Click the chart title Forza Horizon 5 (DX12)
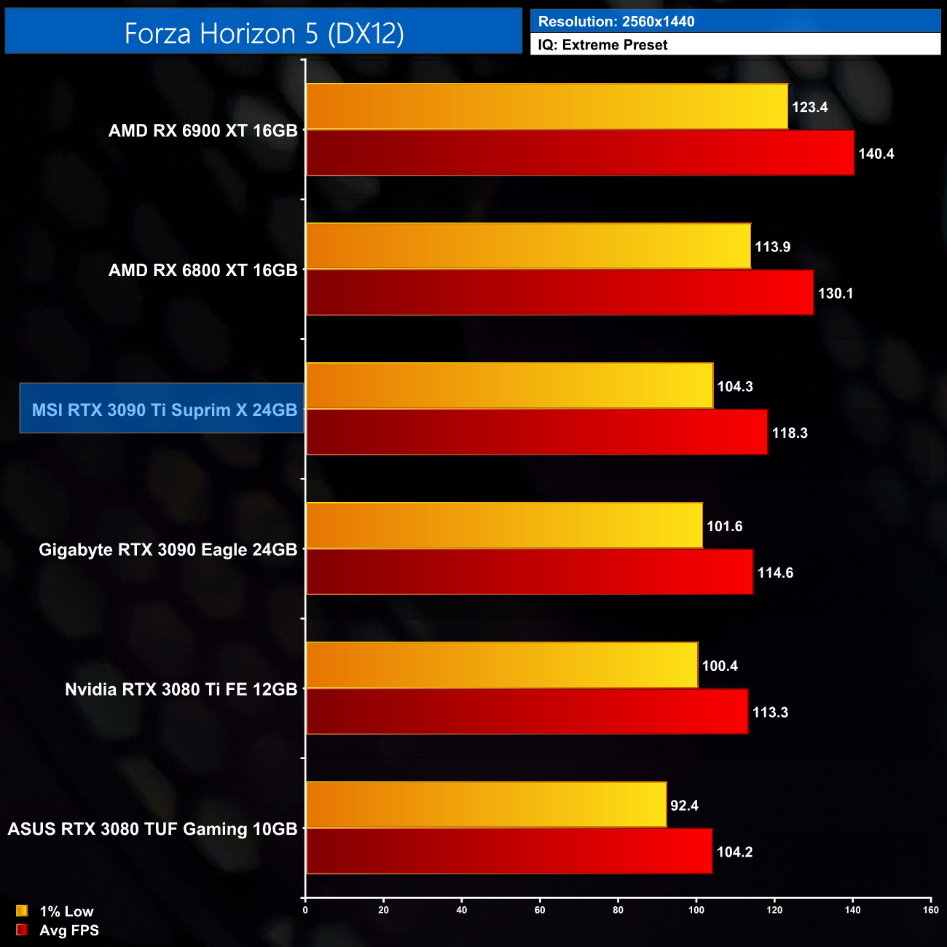(x=264, y=34)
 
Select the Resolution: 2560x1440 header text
(x=616, y=21)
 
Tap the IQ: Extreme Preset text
(x=602, y=45)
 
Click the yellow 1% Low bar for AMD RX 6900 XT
(x=546, y=107)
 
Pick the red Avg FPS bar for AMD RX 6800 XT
(x=559, y=293)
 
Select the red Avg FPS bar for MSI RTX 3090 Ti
(x=537, y=433)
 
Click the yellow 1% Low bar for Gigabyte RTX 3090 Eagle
(x=504, y=525)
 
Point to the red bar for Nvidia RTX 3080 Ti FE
(x=527, y=712)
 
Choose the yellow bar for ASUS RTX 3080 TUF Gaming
(x=486, y=804)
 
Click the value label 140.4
(x=876, y=154)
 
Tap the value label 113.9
(x=772, y=247)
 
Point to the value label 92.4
(x=684, y=806)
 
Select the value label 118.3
(x=790, y=433)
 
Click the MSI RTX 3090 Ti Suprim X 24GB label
(x=165, y=410)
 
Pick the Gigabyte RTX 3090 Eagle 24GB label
(x=168, y=549)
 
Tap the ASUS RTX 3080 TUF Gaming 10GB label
(x=153, y=829)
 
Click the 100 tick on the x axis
(x=696, y=910)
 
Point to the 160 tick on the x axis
(x=930, y=910)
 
